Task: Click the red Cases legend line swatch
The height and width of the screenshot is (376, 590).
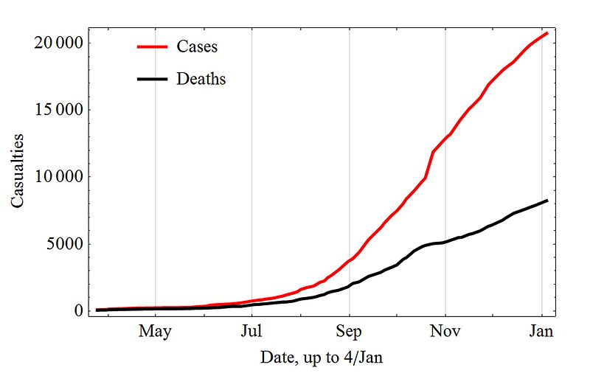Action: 153,46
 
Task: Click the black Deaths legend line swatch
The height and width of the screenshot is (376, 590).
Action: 153,79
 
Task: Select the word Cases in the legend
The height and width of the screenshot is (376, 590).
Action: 197,46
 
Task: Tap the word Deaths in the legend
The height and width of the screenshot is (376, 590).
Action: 201,79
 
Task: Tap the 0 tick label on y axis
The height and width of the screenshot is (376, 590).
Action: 77,311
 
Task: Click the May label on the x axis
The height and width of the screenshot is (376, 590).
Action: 155,331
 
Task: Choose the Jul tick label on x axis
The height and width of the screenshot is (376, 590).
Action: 252,331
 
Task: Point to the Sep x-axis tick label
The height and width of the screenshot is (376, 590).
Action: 349,331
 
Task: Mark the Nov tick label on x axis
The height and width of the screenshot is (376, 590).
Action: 445,331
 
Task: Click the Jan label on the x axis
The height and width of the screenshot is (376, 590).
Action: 542,331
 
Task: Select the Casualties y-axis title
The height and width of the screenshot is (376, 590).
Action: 18,170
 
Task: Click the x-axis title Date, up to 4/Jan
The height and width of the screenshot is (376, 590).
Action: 322,358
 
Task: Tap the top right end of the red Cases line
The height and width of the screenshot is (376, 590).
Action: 546,33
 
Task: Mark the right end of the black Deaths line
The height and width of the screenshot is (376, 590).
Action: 546,201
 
